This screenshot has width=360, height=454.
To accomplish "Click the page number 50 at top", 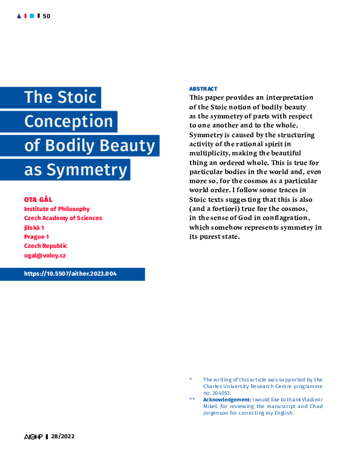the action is (47, 16).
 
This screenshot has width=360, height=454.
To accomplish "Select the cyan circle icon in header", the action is (32, 16).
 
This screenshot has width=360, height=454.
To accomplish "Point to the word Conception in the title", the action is (68, 122).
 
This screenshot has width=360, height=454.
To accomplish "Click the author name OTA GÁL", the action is (39, 199).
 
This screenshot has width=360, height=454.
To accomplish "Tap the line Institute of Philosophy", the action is (57, 209).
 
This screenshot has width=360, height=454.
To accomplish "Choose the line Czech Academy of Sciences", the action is (63, 218).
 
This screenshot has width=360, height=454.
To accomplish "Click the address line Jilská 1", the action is (34, 227).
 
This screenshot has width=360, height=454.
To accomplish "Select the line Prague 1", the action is (36, 236).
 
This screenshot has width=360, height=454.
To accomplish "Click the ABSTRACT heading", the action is (203, 89).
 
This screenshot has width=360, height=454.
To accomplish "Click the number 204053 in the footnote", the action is (222, 392).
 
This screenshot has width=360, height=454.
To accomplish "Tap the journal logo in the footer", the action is (33, 436).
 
